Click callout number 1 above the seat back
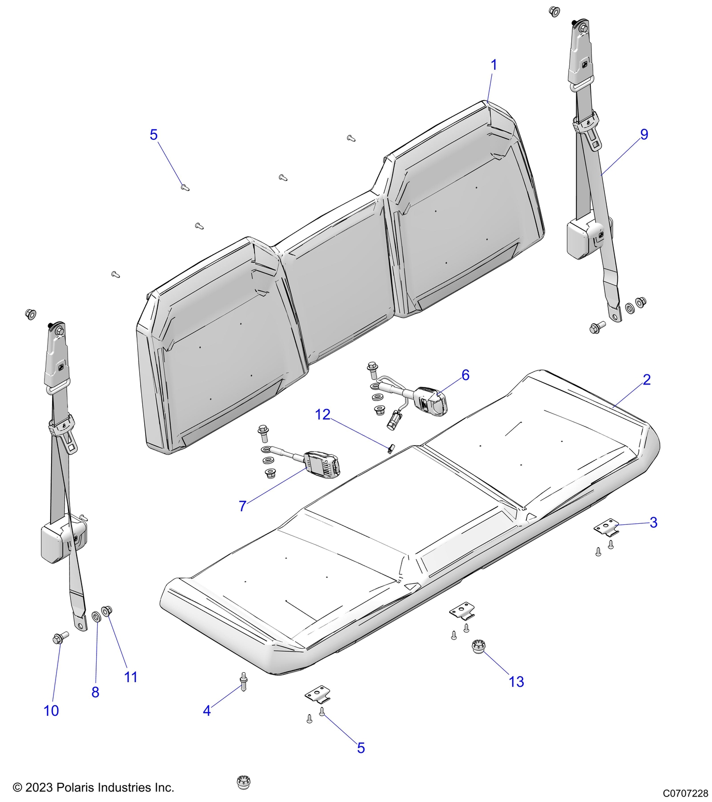[494, 65]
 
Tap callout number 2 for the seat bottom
[646, 380]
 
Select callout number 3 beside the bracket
[653, 522]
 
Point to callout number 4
[207, 711]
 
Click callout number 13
[516, 682]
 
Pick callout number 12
[323, 415]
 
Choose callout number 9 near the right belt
[644, 134]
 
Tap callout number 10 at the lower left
[51, 711]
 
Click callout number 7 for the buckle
[242, 506]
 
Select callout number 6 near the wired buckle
[465, 375]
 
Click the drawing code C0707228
[685, 793]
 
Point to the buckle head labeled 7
[322, 464]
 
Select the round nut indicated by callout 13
[479, 647]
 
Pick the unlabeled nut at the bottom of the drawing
[243, 782]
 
